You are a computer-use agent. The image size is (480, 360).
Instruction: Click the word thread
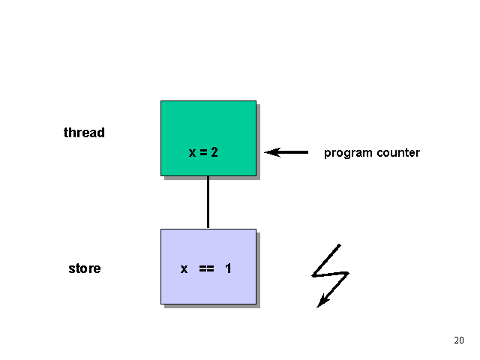click(84, 133)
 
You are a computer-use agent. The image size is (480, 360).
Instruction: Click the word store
click(84, 268)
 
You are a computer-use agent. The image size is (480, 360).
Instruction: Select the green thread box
click(208, 124)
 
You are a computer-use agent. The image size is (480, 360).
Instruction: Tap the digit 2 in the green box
click(214, 152)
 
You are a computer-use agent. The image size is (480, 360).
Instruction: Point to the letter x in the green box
click(192, 153)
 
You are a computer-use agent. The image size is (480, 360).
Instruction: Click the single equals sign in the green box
click(203, 153)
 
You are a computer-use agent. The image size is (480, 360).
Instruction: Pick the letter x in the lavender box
click(184, 268)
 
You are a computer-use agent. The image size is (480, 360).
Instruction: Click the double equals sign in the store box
click(206, 268)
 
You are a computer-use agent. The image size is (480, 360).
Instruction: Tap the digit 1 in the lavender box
click(228, 268)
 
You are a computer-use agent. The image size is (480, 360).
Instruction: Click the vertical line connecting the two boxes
click(208, 202)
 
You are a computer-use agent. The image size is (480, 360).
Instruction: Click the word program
click(346, 153)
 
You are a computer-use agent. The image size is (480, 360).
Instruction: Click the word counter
click(396, 153)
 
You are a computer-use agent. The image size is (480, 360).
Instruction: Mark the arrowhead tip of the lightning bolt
click(319, 305)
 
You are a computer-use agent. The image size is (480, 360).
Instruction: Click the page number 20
click(459, 340)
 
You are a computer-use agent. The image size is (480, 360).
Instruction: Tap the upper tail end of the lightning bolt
click(340, 244)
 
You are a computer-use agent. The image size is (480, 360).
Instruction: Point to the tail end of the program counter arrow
click(307, 152)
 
